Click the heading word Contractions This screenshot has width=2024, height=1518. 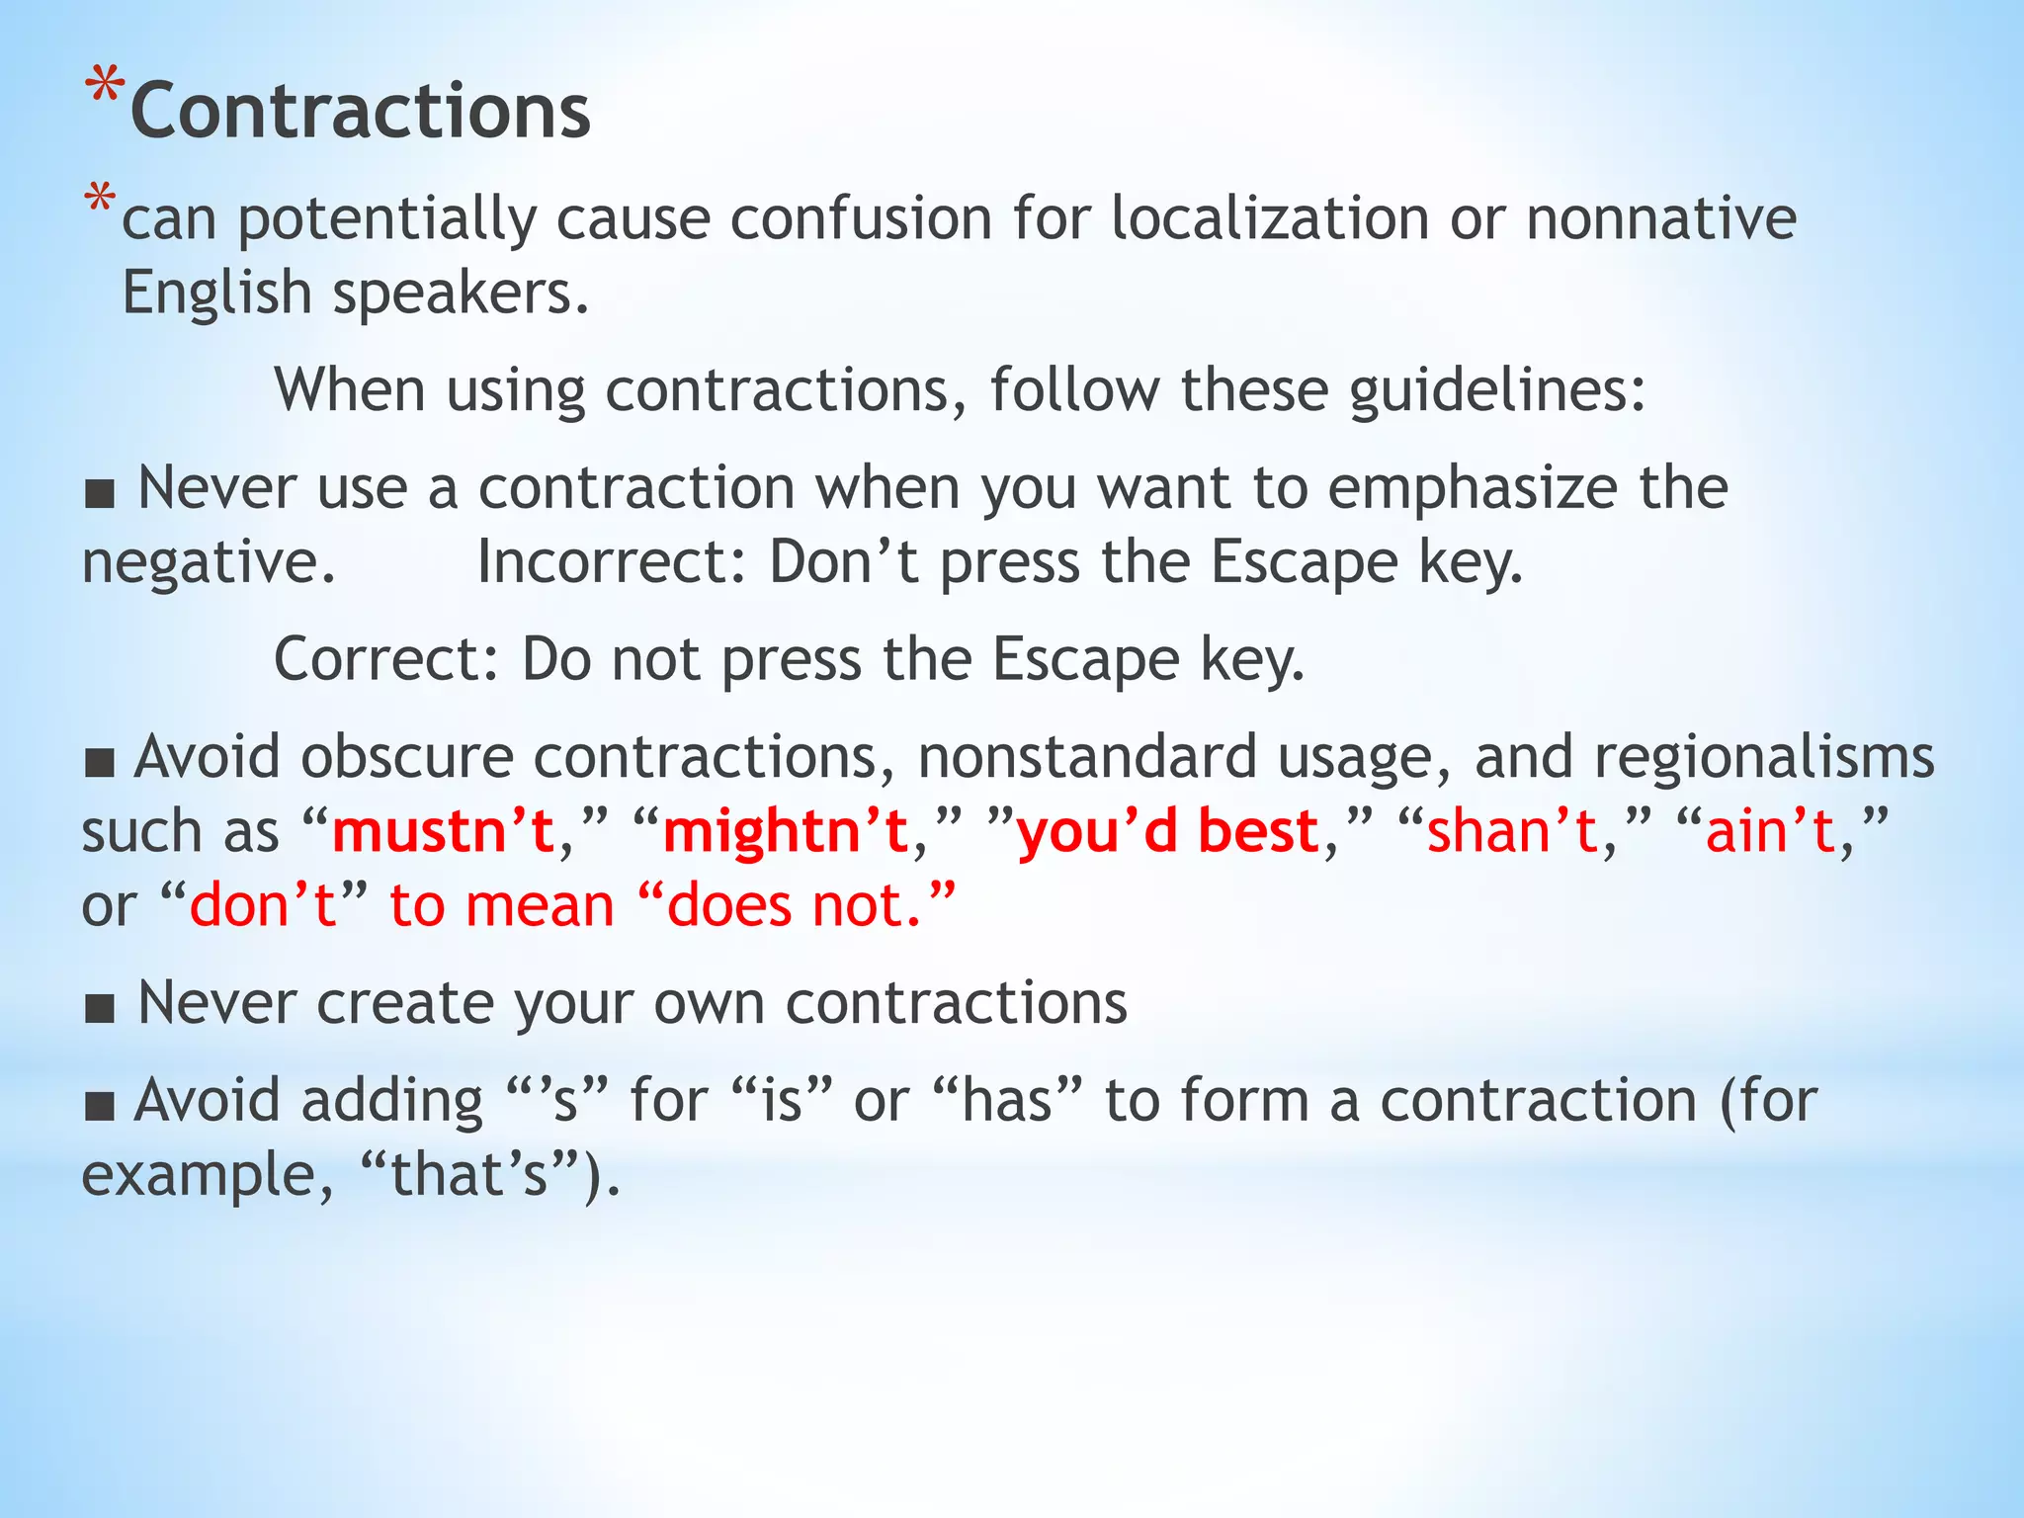click(x=361, y=111)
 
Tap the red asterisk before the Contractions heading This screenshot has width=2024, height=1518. click(x=105, y=87)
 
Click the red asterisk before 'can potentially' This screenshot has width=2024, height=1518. click(x=100, y=201)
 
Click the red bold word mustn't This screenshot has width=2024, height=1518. click(x=443, y=831)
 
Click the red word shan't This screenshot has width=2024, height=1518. click(x=1512, y=831)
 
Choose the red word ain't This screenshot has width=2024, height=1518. click(x=1770, y=831)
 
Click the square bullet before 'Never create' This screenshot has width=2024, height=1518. click(x=100, y=1009)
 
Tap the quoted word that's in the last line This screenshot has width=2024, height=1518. click(x=469, y=1176)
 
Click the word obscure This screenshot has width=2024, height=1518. click(x=406, y=758)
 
